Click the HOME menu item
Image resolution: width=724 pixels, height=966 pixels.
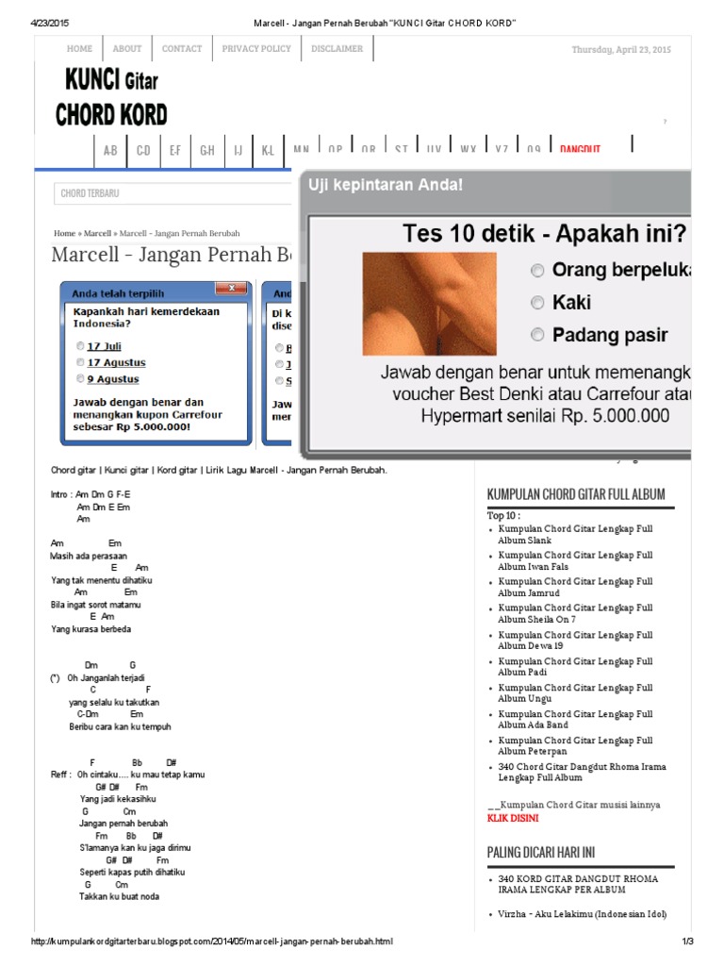click(x=80, y=49)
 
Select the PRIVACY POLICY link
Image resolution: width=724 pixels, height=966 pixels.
click(x=256, y=49)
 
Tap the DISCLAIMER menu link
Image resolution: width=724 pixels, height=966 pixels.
click(x=337, y=49)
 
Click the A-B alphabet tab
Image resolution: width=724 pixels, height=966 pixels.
click(x=110, y=150)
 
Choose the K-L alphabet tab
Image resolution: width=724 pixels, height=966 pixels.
click(x=268, y=150)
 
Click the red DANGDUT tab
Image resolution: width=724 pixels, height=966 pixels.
click(x=580, y=149)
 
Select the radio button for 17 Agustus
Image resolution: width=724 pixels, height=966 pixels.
click(x=81, y=362)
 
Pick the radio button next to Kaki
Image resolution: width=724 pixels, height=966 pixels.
click(x=537, y=303)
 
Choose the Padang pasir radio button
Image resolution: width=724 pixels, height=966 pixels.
click(x=537, y=334)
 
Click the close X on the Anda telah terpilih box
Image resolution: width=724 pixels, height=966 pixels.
click(x=230, y=288)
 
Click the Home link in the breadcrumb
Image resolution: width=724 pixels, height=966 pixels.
click(x=64, y=233)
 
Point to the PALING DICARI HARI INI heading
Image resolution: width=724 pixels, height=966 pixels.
click(x=541, y=852)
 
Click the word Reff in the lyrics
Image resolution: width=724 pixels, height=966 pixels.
click(x=60, y=774)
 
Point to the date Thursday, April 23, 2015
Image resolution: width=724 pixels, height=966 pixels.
click(x=621, y=49)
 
